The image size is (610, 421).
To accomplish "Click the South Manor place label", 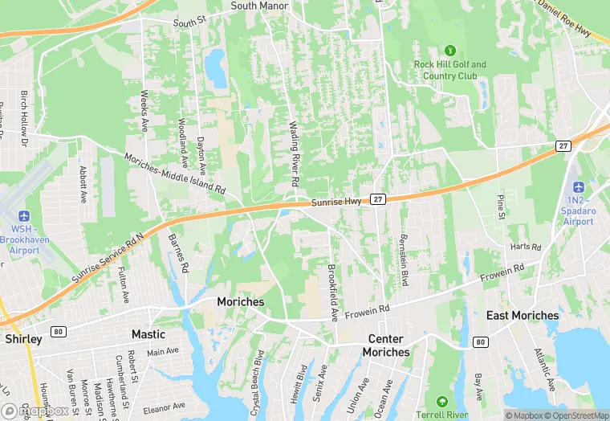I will pos(259,6).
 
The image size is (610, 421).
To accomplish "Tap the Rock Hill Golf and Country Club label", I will pos(449,70).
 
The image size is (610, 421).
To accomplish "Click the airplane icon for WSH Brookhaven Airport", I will pos(23,217).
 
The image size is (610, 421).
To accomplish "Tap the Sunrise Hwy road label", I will pos(334,203).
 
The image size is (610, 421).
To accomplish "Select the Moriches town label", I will pos(241,301).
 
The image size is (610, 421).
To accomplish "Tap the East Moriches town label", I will pos(523,316).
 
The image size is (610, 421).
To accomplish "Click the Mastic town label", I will pos(148,334).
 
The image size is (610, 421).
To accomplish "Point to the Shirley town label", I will pos(23,339).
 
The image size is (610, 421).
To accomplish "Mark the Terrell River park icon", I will pos(441,401).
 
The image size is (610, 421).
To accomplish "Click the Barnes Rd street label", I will pos(178,253).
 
